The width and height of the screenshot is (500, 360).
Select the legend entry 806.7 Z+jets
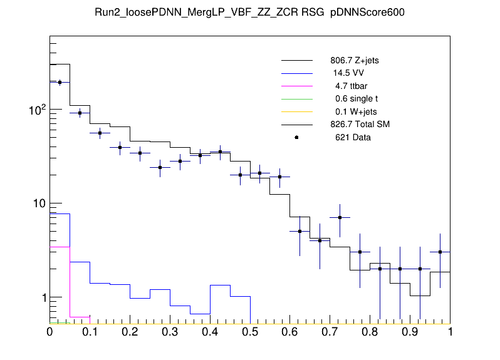[354, 61]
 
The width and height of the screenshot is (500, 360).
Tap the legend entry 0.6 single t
[357, 99]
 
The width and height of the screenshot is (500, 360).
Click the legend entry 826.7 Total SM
[360, 125]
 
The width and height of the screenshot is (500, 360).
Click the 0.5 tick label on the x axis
[250, 332]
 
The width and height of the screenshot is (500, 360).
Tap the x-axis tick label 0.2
[130, 332]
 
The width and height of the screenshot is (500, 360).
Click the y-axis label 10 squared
[36, 109]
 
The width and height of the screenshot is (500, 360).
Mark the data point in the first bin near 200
[60, 82]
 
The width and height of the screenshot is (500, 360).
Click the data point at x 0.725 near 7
[340, 217]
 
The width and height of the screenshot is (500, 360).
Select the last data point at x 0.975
[440, 252]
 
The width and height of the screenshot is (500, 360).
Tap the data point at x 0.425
[220, 152]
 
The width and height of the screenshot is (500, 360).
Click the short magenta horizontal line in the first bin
[60, 247]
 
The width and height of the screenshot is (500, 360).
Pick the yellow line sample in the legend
[296, 111]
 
